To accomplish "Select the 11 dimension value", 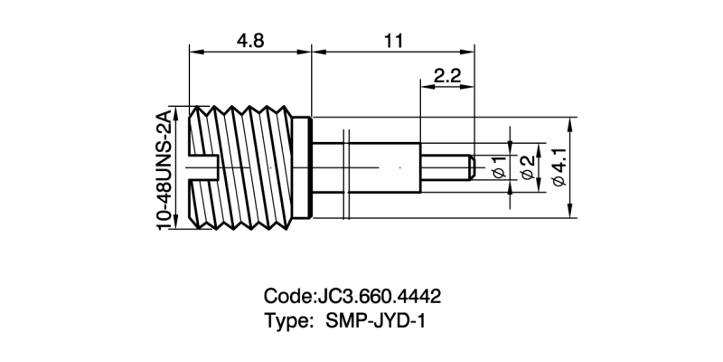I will pos(393,42).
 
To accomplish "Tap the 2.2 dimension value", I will pos(447,77).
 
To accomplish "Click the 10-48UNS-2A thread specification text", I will pos(164,168).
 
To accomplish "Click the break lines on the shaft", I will pos(346,167).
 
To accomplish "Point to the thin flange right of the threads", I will pos(310,167).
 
